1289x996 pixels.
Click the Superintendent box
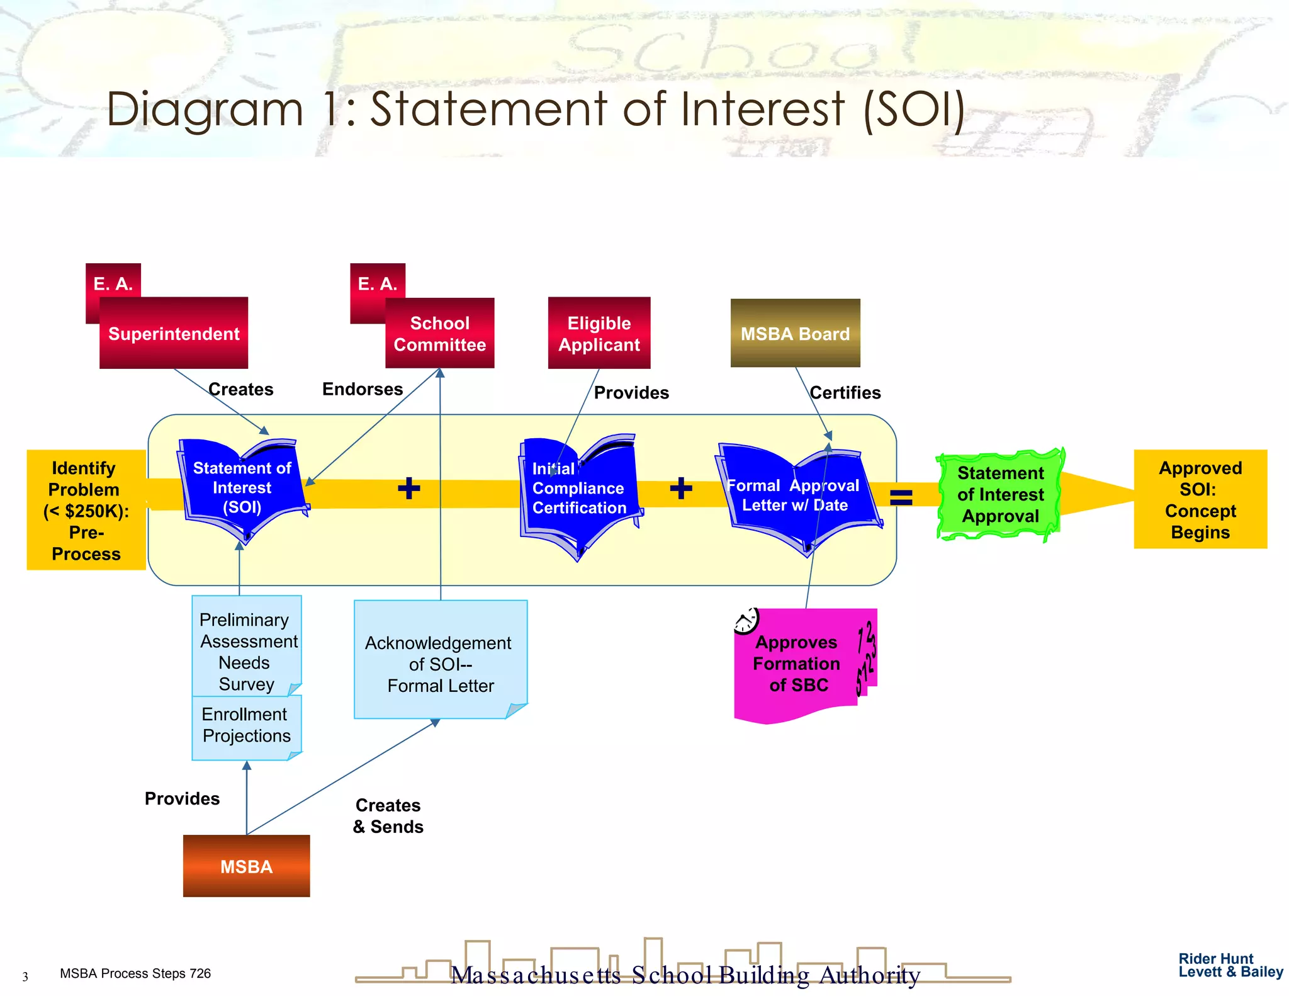click(174, 333)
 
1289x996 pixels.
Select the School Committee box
click(439, 334)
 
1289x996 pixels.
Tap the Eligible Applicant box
click(599, 333)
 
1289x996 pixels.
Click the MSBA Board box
click(795, 333)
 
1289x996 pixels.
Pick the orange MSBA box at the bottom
click(246, 866)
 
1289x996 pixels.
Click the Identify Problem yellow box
click(86, 510)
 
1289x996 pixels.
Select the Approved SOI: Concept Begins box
click(1200, 499)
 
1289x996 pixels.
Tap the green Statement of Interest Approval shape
click(999, 495)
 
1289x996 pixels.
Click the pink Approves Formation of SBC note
click(797, 664)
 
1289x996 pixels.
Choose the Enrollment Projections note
click(246, 726)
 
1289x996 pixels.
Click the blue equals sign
click(901, 497)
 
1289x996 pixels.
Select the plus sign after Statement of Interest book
click(408, 488)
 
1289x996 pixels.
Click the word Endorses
click(362, 389)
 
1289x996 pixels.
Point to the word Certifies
click(845, 393)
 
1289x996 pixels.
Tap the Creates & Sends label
click(388, 816)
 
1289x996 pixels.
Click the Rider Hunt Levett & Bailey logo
click(1230, 965)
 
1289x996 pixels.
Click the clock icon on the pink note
click(746, 621)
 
